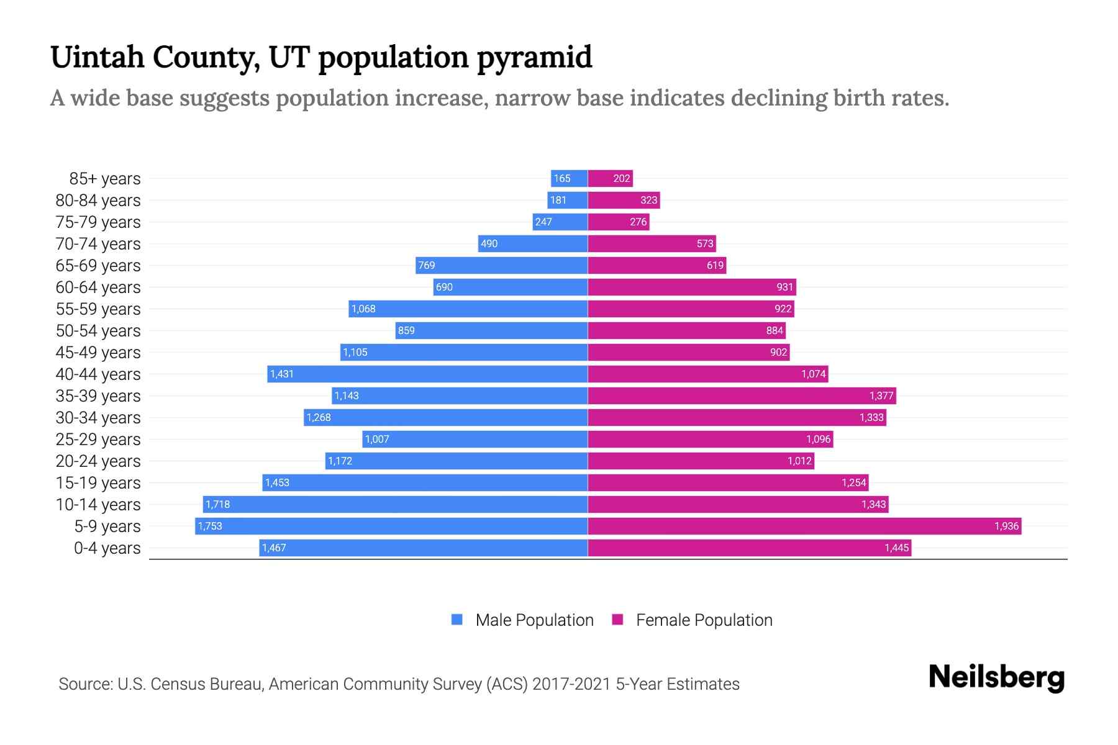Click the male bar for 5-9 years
[x=391, y=526]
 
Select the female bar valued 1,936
[x=804, y=526]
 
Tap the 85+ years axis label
[x=105, y=179]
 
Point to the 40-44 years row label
[x=98, y=374]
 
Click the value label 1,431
[x=281, y=374]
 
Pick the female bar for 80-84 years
[x=624, y=200]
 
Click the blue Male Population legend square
[x=457, y=620]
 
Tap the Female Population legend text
[x=704, y=620]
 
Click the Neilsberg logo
[x=996, y=677]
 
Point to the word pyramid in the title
[x=534, y=57]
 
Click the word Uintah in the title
[x=97, y=57]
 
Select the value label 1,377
[x=881, y=395]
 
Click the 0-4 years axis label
[x=107, y=548]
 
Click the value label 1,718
[x=217, y=504]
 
